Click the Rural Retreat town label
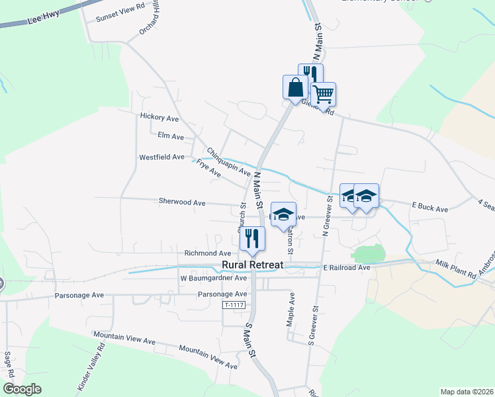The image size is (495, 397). (x=251, y=265)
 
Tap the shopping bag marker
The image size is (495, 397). (x=294, y=87)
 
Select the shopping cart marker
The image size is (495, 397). (x=323, y=94)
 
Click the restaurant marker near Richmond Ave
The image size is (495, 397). (x=252, y=238)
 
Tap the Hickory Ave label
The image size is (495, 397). (x=159, y=118)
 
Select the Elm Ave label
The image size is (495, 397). (x=171, y=136)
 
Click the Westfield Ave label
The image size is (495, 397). (x=161, y=157)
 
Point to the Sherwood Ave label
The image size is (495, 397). (x=182, y=202)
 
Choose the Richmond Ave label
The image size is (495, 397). (x=208, y=253)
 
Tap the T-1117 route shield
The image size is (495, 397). (x=234, y=305)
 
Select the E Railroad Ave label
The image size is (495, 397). (x=347, y=267)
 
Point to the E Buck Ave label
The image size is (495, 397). (x=430, y=209)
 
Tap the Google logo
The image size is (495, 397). (x=22, y=390)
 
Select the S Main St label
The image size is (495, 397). (x=249, y=340)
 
